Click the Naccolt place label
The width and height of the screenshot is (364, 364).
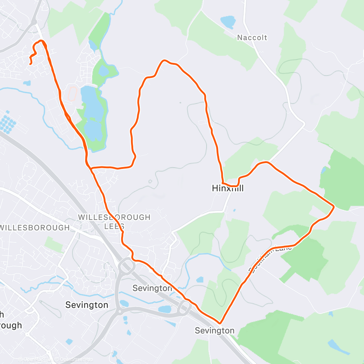click(252, 37)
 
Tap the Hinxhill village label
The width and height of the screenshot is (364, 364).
click(228, 189)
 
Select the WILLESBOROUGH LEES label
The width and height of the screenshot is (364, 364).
click(114, 221)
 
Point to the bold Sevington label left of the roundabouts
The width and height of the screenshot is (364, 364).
click(87, 305)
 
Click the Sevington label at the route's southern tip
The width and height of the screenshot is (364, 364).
click(214, 331)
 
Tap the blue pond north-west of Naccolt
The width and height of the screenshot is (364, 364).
click(228, 22)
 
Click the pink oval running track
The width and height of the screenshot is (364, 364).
click(72, 94)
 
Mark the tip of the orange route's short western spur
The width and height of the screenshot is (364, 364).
click(30, 64)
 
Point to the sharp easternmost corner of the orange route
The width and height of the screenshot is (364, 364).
click(333, 207)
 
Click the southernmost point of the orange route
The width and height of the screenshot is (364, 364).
click(220, 323)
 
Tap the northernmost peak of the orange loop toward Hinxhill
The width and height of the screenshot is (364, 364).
click(165, 61)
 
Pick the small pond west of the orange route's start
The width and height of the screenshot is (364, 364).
click(27, 83)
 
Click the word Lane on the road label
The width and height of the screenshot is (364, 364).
click(282, 250)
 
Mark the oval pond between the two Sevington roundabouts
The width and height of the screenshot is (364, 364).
click(165, 309)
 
